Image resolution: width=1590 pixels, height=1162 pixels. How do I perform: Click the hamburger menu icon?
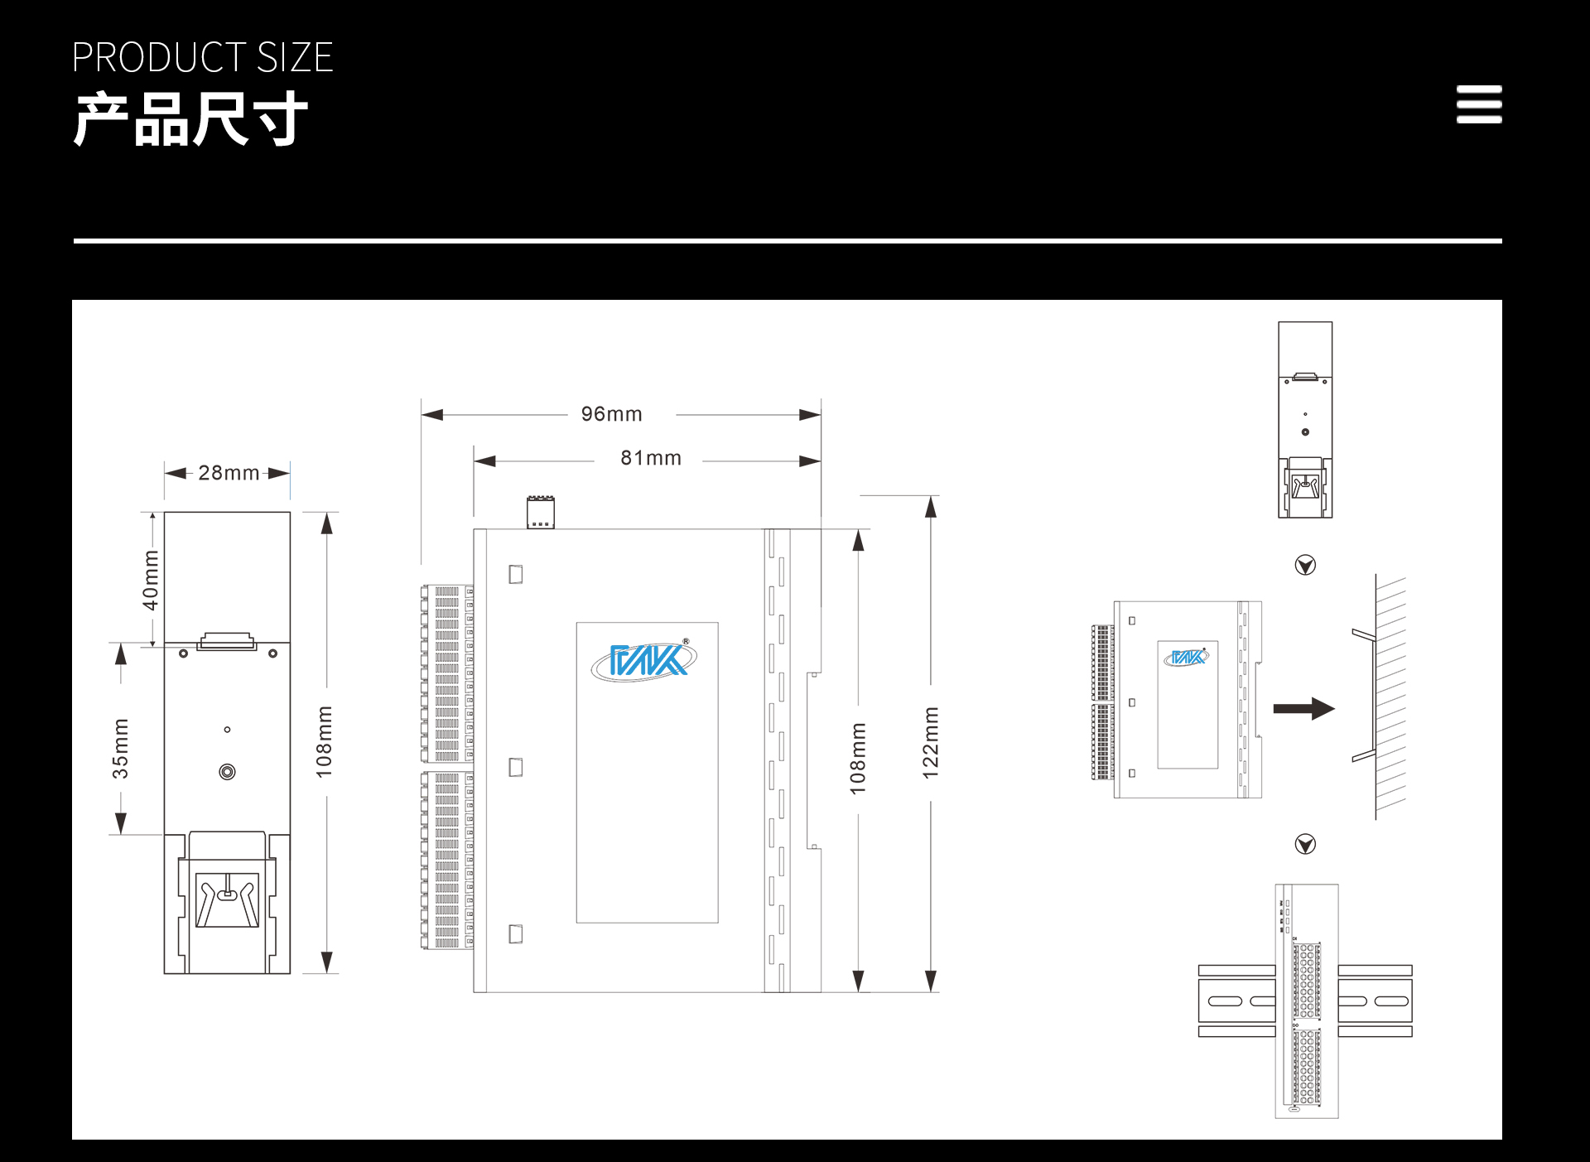pos(1479,104)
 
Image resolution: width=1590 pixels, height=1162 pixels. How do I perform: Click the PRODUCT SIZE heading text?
pos(202,57)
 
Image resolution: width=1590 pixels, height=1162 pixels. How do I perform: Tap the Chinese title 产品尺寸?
pos(190,119)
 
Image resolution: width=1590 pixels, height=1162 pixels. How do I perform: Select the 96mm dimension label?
pos(611,413)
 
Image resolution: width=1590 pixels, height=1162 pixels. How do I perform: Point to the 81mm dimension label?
pos(651,458)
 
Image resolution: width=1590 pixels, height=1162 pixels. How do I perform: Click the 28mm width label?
pos(229,473)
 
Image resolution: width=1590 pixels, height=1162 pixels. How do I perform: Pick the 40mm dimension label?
pos(151,580)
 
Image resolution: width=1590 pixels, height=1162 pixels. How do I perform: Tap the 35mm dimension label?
pos(121,749)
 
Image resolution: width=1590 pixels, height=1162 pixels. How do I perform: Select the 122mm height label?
pos(931,743)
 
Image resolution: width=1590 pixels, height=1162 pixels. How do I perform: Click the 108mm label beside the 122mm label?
pos(858,759)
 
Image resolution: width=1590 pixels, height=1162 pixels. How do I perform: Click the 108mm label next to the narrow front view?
pos(324,742)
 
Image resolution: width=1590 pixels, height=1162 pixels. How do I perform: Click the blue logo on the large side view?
pos(644,660)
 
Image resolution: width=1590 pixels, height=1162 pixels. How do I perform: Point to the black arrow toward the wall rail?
pos(1303,708)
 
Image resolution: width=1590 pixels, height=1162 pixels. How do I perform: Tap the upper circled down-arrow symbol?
pos(1305,565)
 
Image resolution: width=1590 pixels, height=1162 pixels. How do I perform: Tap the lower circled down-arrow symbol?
pos(1305,844)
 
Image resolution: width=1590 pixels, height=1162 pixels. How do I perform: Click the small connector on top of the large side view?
pos(541,512)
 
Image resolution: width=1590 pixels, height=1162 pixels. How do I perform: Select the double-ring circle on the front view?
pos(227,772)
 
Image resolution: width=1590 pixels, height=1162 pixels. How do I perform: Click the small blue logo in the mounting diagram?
pos(1187,658)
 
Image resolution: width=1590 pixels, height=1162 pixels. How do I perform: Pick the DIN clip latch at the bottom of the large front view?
pos(227,899)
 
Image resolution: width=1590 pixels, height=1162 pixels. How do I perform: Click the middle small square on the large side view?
pos(516,768)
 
